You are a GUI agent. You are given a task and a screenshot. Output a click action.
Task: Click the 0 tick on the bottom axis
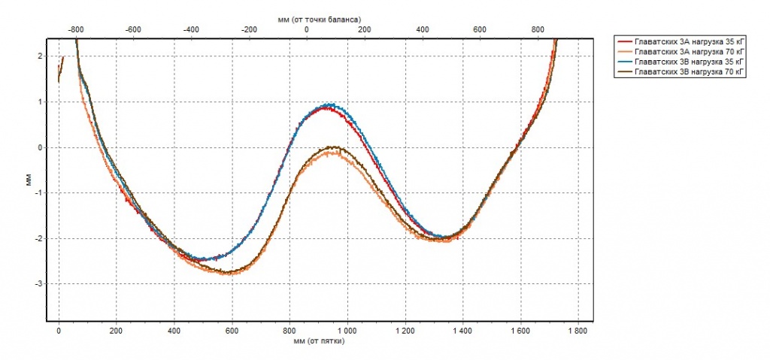point(59,330)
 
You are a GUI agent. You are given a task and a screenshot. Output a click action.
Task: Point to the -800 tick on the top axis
point(75,29)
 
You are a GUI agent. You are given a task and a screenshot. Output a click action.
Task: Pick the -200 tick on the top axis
point(249,29)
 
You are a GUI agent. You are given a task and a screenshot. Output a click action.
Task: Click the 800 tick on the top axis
point(538,29)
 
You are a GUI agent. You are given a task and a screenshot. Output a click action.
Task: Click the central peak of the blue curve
point(329,104)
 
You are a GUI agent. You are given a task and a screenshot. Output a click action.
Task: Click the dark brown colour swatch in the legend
point(624,71)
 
